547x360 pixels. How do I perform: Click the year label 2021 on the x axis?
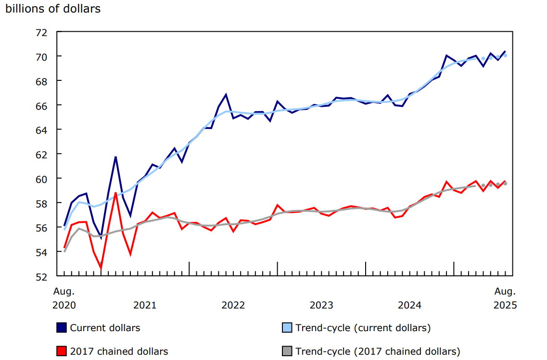coord(145,305)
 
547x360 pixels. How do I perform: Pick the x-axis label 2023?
coord(321,305)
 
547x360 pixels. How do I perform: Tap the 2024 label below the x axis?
coord(410,305)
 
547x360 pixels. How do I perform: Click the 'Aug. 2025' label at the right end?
coord(505,298)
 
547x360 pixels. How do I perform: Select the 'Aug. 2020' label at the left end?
coord(64,298)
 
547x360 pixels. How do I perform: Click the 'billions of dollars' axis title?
coord(53,9)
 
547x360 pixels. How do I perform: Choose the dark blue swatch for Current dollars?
coord(62,328)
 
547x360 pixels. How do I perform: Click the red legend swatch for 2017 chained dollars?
coord(62,351)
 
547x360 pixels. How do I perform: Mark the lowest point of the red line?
coord(101,268)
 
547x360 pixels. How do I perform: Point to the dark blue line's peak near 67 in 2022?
coord(226,94)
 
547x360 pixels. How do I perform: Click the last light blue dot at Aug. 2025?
coord(505,55)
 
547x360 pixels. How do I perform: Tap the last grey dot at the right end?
coord(505,183)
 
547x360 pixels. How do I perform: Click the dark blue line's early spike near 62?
coord(115,157)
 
